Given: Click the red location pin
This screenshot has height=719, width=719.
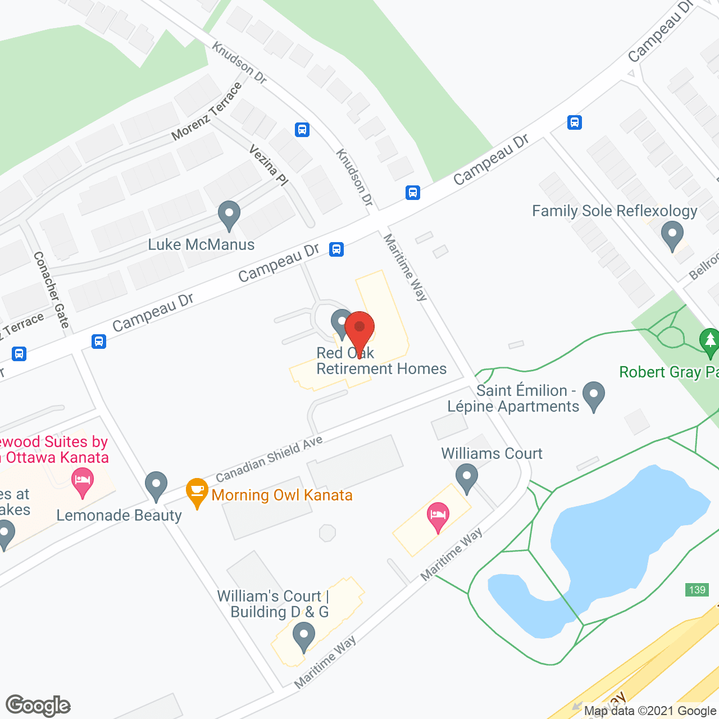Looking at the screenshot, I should pos(359,328).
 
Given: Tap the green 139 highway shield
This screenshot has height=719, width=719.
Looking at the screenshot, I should pos(697,590).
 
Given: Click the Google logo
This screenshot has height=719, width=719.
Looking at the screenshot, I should pos(38,706).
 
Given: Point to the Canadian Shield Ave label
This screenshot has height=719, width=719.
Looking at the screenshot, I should pos(269,458).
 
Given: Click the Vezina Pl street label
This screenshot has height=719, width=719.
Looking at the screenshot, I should pos(269,165).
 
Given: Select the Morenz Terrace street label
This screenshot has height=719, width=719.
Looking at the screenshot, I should pos(207,111).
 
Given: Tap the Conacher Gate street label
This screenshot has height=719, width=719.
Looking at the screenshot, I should pos(51,289).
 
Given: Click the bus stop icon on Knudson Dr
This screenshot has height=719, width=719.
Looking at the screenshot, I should pos(302,130).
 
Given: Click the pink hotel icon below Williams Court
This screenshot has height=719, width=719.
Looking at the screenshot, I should pos(438,515).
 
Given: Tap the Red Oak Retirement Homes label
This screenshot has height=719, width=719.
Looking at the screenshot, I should pos(381,361).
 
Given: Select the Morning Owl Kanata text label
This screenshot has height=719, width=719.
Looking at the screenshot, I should pos(282,495).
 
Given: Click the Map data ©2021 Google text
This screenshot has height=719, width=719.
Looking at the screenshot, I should pos(650,711).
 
